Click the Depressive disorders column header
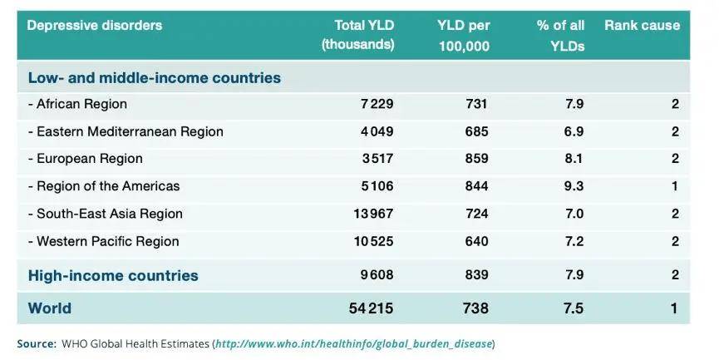pos(94,26)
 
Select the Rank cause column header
pos(642,26)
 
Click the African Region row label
pos(77,104)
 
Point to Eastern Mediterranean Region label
pos(126,131)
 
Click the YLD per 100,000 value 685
pos(476,131)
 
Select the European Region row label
pos(85,159)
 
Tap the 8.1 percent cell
pos(574,159)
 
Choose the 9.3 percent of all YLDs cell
pos(574,186)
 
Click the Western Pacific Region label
pos(104,241)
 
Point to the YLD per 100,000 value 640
pos(476,241)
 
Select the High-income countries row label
pos(113,276)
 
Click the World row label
pos(50,308)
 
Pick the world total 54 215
pos(371,308)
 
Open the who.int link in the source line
pos(354,343)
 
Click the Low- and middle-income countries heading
pos(155,78)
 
